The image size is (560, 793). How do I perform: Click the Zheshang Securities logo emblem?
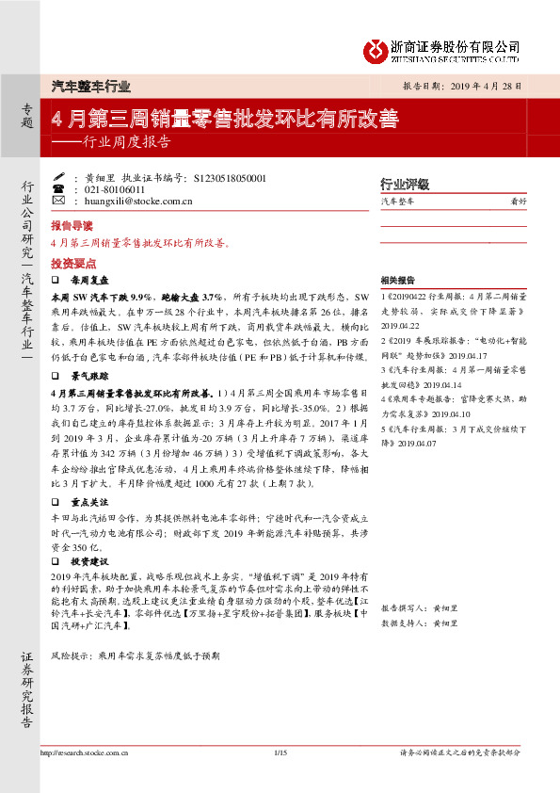click(x=376, y=49)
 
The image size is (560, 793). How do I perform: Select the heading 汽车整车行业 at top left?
click(x=90, y=85)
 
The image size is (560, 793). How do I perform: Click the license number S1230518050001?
click(x=230, y=178)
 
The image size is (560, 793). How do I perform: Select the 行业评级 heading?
click(x=404, y=184)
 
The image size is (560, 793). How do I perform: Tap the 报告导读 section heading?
click(x=72, y=227)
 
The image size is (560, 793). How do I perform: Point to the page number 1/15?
click(x=279, y=779)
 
